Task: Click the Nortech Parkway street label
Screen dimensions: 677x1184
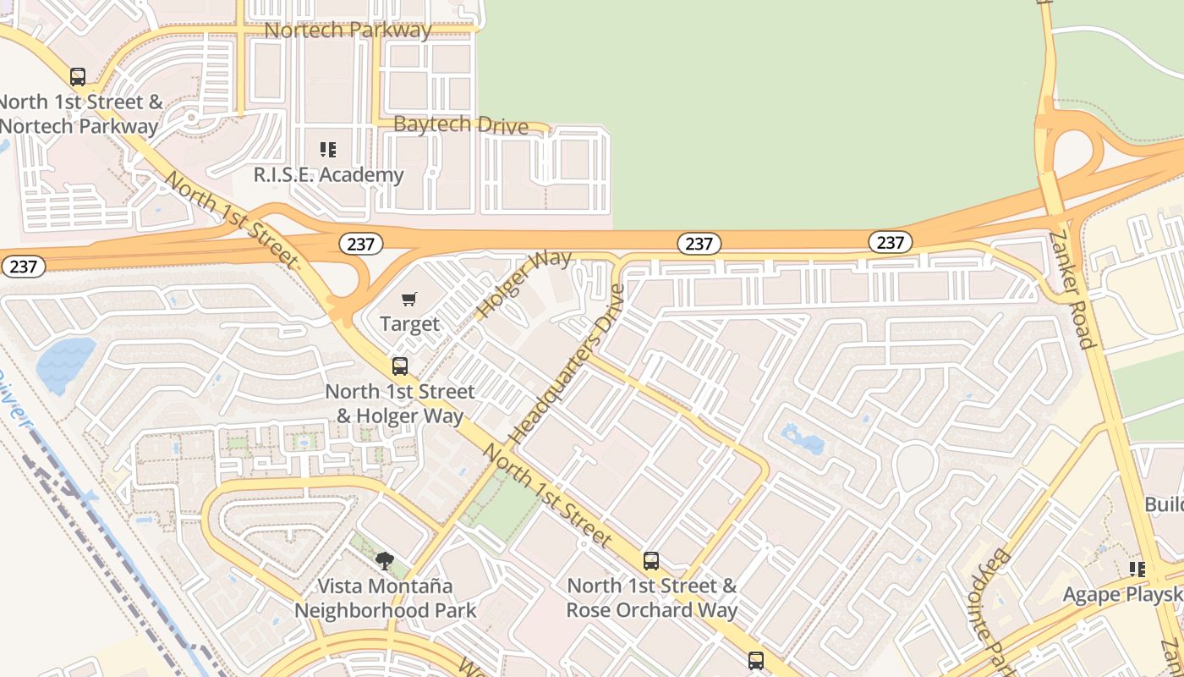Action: click(x=348, y=30)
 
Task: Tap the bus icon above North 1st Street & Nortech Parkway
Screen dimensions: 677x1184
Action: click(x=78, y=77)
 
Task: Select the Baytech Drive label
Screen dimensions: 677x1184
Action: click(x=461, y=125)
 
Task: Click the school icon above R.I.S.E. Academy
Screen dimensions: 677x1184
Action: click(x=328, y=151)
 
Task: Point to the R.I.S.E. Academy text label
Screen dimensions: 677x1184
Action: click(x=329, y=175)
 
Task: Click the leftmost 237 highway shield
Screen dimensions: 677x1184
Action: click(x=23, y=267)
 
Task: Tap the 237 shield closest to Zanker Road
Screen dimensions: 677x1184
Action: click(x=890, y=243)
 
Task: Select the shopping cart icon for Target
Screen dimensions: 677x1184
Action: click(x=409, y=299)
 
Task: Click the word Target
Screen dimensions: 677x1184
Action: click(x=409, y=324)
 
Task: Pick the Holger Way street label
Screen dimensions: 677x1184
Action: click(x=523, y=283)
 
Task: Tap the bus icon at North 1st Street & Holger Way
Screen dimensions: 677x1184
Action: click(x=400, y=366)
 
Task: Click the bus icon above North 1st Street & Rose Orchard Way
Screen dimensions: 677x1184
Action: click(x=651, y=560)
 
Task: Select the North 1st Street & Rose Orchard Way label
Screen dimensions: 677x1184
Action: click(x=651, y=597)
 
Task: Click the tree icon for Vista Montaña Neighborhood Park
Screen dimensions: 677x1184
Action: click(x=385, y=560)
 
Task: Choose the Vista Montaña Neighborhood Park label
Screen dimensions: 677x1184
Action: click(x=385, y=597)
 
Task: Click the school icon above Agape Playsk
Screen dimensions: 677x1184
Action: click(x=1137, y=570)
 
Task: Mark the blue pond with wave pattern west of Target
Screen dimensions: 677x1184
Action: click(x=66, y=365)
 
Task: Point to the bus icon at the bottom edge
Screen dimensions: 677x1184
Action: click(x=756, y=661)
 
